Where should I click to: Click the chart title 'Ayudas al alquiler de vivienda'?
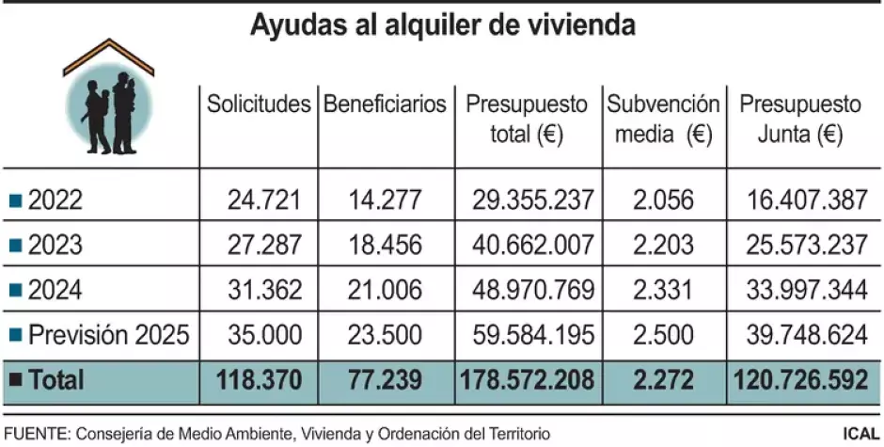pos(442,24)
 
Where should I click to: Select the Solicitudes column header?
pos(259,104)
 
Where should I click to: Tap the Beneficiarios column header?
pos(385,104)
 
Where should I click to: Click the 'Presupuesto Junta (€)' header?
pos(799,119)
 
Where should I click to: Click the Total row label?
pos(55,379)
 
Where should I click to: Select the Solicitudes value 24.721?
pos(263,200)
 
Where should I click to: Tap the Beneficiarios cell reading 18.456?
pos(388,245)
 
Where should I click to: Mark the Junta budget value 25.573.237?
pos(805,245)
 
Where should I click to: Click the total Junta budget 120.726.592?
pos(798,379)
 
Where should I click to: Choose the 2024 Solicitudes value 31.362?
pos(263,290)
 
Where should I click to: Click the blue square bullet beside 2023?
pos(15,246)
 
